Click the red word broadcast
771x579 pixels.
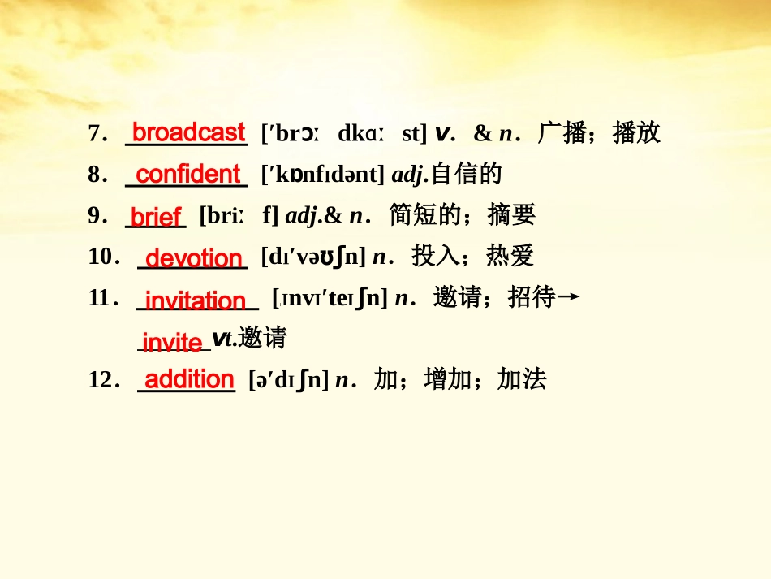pyautogui.click(x=188, y=133)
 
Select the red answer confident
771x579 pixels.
pyautogui.click(x=187, y=175)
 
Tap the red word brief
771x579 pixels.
pyautogui.click(x=155, y=217)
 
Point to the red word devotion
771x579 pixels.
pyautogui.click(x=194, y=259)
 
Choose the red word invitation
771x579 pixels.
pyautogui.click(x=195, y=300)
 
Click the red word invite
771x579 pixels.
pyautogui.click(x=171, y=342)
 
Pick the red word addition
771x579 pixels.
pyautogui.click(x=189, y=379)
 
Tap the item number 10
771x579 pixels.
pyautogui.click(x=103, y=257)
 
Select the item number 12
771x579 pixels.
pyautogui.click(x=103, y=380)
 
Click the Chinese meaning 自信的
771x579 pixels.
pyautogui.click(x=466, y=175)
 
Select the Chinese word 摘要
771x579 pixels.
pyautogui.click(x=511, y=215)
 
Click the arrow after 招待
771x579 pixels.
pyautogui.click(x=570, y=298)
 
